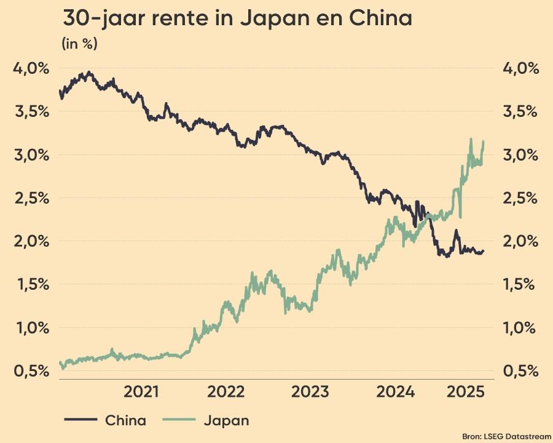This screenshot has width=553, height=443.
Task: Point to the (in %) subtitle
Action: coord(79,44)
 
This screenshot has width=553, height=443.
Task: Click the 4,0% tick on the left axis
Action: coord(31,68)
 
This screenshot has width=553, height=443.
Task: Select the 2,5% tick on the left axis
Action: coord(31,198)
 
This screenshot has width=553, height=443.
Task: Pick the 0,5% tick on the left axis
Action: coord(31,371)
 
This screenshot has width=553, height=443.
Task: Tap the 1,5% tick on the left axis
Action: coord(31,284)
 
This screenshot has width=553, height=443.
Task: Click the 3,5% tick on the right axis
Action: coord(520,111)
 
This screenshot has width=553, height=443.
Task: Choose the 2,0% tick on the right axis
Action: coord(520,241)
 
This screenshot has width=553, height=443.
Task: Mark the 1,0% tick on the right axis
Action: coord(520,327)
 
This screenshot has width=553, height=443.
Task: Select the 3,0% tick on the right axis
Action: coord(520,154)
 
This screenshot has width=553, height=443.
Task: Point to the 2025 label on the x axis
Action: coord(465,392)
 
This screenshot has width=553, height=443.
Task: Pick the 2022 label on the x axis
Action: coord(227,392)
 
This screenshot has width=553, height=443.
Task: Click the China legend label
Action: coord(126,421)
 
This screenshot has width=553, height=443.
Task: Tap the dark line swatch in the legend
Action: coord(80,421)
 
